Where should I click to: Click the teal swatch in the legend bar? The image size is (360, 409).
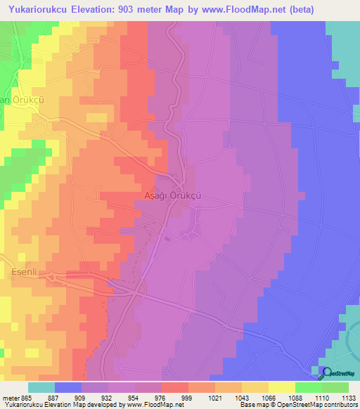pos(41,387)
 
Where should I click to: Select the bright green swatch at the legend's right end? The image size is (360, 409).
pos(335,387)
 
